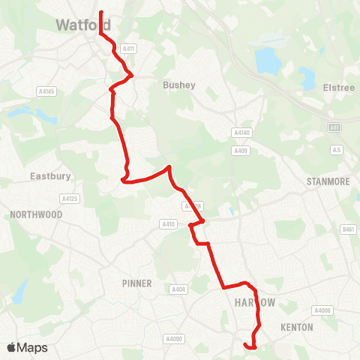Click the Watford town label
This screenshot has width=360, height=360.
click(82, 25)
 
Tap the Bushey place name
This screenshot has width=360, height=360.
click(178, 85)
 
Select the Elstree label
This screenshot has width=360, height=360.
click(338, 88)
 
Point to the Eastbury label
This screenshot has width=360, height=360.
click(50, 177)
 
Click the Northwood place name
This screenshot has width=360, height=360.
click(36, 214)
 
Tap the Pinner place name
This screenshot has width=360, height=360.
click(136, 283)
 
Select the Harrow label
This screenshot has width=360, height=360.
click(255, 302)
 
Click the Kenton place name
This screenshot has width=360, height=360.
click(296, 328)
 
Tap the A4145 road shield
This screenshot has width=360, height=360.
click(46, 91)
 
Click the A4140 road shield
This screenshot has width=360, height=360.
click(241, 133)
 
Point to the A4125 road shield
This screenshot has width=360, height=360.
click(69, 199)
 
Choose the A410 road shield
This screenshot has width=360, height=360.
click(168, 223)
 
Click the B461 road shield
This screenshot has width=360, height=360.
click(347, 229)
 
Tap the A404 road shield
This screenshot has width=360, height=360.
click(178, 289)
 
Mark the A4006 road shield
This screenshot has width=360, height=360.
click(322, 310)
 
